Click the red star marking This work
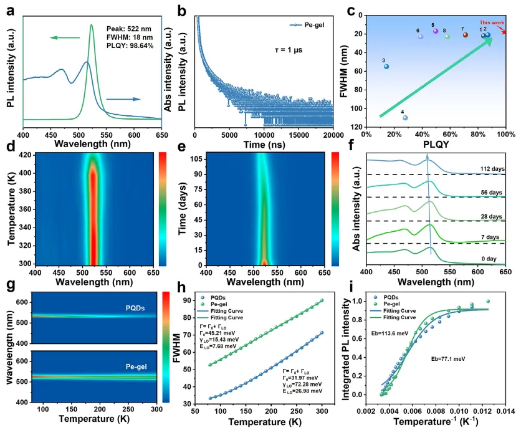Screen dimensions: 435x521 coord(504,32)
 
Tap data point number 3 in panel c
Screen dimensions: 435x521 coord(386,66)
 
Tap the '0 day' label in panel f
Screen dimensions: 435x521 coord(492,256)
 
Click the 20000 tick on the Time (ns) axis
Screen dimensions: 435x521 coord(334,134)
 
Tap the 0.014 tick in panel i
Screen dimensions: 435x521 coord(505,411)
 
